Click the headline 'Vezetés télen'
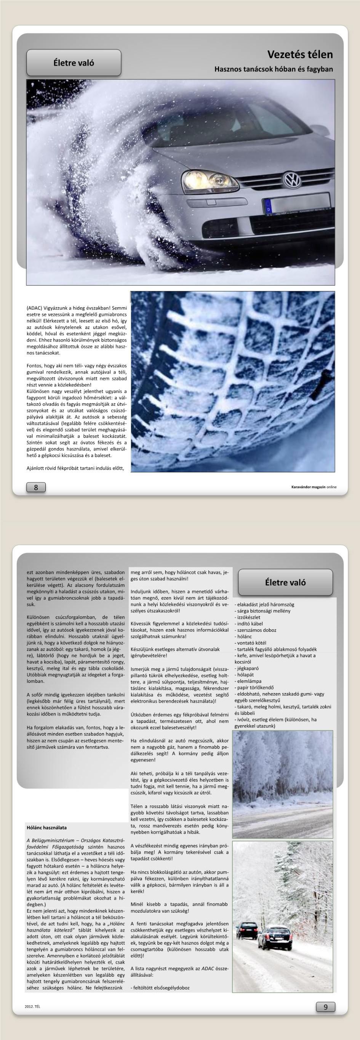click(x=300, y=55)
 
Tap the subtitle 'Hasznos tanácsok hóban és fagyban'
click(x=274, y=69)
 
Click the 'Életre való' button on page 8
click(x=74, y=63)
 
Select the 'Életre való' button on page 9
click(x=285, y=582)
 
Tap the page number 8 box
click(x=36, y=487)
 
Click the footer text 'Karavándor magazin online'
click(x=314, y=487)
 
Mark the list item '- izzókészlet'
click(x=247, y=617)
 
